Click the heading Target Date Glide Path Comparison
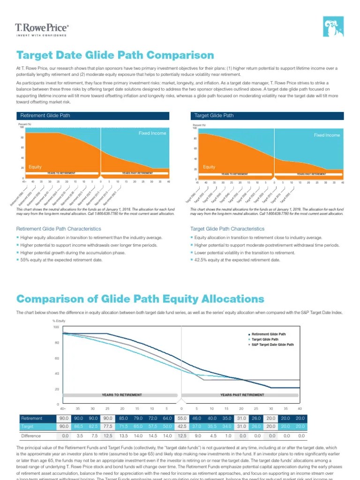[115, 56]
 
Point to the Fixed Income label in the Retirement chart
[152, 133]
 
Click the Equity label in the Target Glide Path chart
[209, 167]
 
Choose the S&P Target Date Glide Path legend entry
[272, 345]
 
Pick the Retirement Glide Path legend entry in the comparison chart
[270, 334]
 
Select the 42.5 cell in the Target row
[182, 426]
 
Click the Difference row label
[31, 436]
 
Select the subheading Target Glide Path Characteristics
[227, 229]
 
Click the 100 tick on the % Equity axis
[56, 327]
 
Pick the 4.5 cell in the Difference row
[212, 436]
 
